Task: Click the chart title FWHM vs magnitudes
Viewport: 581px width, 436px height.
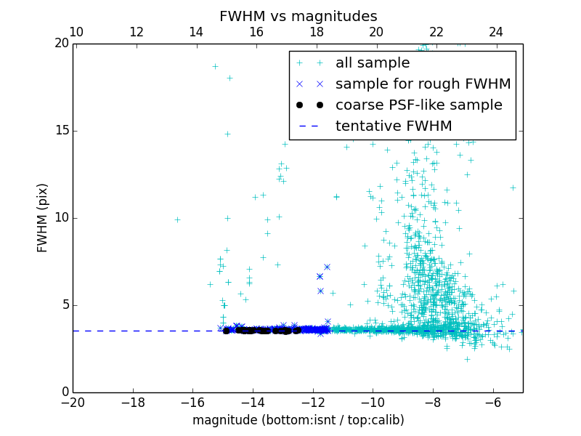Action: [298, 16]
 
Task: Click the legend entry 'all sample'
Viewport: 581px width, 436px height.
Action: [373, 63]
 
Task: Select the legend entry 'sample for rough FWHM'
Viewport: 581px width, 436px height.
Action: [423, 84]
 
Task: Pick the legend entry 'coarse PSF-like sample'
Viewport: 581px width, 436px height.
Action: [418, 105]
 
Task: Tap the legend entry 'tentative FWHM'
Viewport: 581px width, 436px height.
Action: [393, 126]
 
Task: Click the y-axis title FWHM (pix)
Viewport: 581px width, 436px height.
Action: [43, 218]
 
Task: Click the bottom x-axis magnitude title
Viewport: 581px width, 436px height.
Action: [298, 420]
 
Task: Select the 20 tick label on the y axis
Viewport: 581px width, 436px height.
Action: [61, 44]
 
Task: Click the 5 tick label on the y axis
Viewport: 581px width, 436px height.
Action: [65, 305]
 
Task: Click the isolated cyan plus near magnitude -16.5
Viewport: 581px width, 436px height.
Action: [177, 219]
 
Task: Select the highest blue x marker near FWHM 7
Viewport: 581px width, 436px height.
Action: [327, 267]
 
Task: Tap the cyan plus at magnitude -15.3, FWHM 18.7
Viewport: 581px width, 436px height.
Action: [215, 66]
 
